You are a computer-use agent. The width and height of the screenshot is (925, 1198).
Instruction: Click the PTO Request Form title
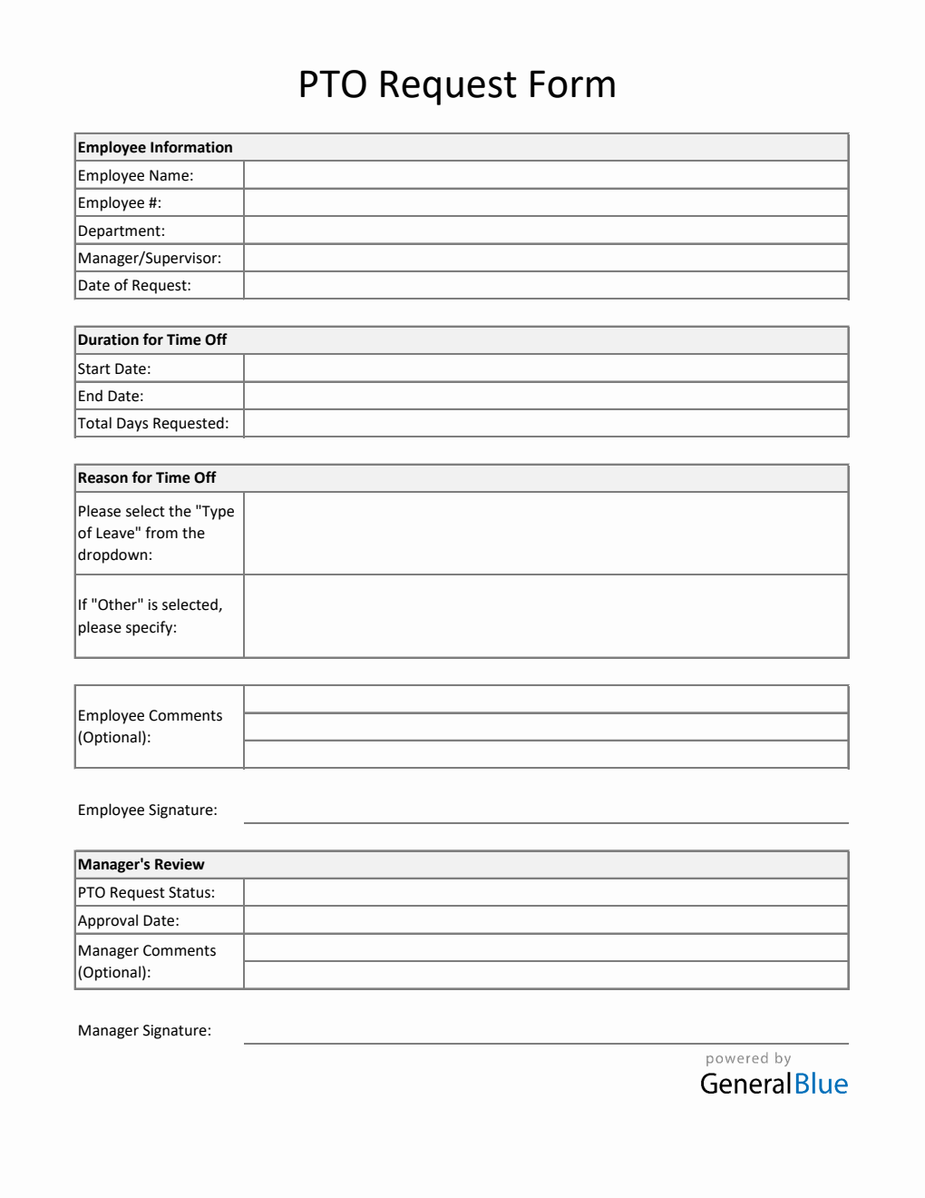(457, 84)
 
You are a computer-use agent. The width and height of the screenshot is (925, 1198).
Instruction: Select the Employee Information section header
(155, 147)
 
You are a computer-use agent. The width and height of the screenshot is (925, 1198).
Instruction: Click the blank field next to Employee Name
(545, 175)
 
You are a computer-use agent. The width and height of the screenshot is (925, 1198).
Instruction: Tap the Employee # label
(120, 202)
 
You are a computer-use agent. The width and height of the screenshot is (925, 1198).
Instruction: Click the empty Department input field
(545, 231)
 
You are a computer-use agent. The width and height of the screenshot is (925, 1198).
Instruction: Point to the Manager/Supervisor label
(150, 258)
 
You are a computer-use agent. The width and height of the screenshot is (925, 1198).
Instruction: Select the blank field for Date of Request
(545, 285)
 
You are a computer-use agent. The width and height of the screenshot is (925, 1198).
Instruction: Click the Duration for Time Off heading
(152, 339)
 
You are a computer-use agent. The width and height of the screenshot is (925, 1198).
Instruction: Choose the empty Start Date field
(545, 368)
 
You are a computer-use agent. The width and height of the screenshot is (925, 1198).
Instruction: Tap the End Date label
(111, 396)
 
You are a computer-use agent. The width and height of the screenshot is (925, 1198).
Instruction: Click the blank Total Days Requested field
(545, 423)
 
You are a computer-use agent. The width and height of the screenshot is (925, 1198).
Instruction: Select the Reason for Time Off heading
(147, 477)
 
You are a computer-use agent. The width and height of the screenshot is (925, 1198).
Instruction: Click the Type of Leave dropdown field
(545, 534)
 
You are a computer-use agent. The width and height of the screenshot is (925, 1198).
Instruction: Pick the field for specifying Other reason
(545, 616)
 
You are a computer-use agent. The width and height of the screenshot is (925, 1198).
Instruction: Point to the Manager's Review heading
(141, 864)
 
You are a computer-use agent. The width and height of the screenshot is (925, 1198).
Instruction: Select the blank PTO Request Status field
(545, 892)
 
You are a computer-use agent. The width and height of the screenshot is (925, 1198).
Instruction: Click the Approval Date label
(129, 920)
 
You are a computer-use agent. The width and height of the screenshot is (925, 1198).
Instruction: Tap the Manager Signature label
(144, 1030)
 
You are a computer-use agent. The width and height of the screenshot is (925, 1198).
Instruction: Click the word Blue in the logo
(821, 1084)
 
